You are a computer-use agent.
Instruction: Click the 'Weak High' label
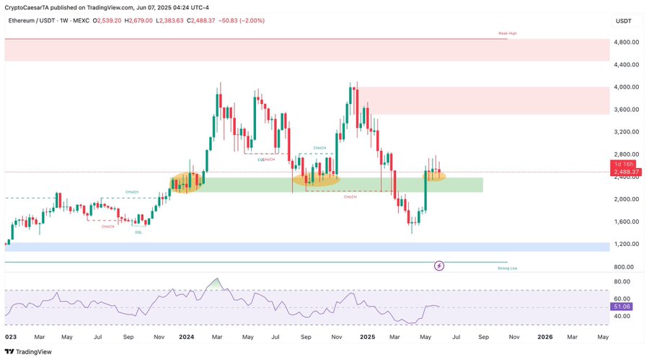507,34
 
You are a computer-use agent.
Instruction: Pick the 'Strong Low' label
507,268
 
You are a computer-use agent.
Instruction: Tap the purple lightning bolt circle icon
439,265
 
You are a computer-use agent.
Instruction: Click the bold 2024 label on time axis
187,336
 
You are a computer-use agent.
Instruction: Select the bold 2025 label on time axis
367,336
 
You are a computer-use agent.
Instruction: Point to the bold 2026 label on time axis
545,336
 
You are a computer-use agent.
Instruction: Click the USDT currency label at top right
624,21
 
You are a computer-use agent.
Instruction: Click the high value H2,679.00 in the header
138,21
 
